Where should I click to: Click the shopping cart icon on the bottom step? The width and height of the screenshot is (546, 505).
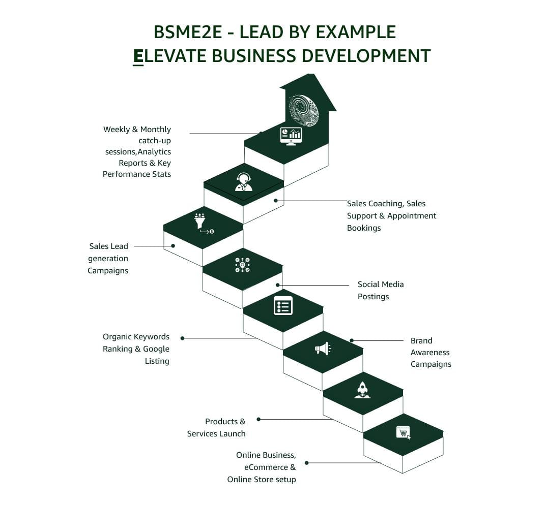403,432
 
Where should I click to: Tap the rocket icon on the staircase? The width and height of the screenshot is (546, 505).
362,390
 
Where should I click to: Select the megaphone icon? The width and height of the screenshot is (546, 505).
322,349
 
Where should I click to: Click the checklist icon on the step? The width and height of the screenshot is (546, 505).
283,306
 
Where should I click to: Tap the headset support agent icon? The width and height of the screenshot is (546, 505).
244,181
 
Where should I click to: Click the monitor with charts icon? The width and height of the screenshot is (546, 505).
291,136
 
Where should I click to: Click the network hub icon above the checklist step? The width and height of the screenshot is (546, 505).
242,265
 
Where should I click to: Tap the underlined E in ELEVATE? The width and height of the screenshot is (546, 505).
138,56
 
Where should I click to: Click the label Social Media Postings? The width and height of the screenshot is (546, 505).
380,290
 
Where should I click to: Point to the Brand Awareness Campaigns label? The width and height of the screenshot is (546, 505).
430,352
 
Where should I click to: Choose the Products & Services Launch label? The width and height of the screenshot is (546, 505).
216,427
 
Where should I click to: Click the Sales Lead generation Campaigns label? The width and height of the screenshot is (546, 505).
108,258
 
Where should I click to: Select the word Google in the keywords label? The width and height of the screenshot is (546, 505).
156,349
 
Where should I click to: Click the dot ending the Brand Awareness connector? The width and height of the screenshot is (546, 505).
352,340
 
